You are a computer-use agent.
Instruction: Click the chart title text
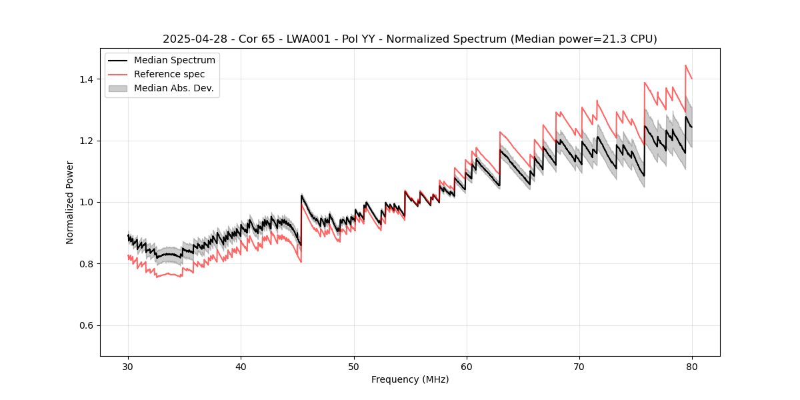(x=409, y=39)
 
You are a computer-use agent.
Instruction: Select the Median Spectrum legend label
(x=174, y=60)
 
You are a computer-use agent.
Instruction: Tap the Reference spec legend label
(x=169, y=74)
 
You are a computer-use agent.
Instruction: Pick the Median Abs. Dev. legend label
(x=173, y=88)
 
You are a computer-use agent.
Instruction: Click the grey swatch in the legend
(x=117, y=88)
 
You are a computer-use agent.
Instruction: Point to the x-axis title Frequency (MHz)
(x=410, y=379)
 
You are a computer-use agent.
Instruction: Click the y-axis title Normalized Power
(x=70, y=202)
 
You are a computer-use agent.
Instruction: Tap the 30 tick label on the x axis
(x=128, y=367)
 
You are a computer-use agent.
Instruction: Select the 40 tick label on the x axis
(x=241, y=367)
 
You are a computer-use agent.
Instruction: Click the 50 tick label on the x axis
(x=353, y=367)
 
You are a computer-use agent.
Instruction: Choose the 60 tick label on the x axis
(x=466, y=367)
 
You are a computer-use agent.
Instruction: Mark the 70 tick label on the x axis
(x=579, y=367)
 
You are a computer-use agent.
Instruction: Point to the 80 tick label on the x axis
(x=691, y=367)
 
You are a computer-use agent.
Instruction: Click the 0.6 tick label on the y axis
(x=86, y=325)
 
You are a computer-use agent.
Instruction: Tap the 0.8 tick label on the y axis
(x=86, y=264)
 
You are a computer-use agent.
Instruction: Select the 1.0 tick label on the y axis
(x=86, y=202)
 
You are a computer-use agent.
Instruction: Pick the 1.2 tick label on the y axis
(x=86, y=141)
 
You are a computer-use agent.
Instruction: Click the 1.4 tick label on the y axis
(x=86, y=79)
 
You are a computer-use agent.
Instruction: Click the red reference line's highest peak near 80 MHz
(x=685, y=65)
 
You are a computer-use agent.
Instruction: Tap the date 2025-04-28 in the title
(x=190, y=39)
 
